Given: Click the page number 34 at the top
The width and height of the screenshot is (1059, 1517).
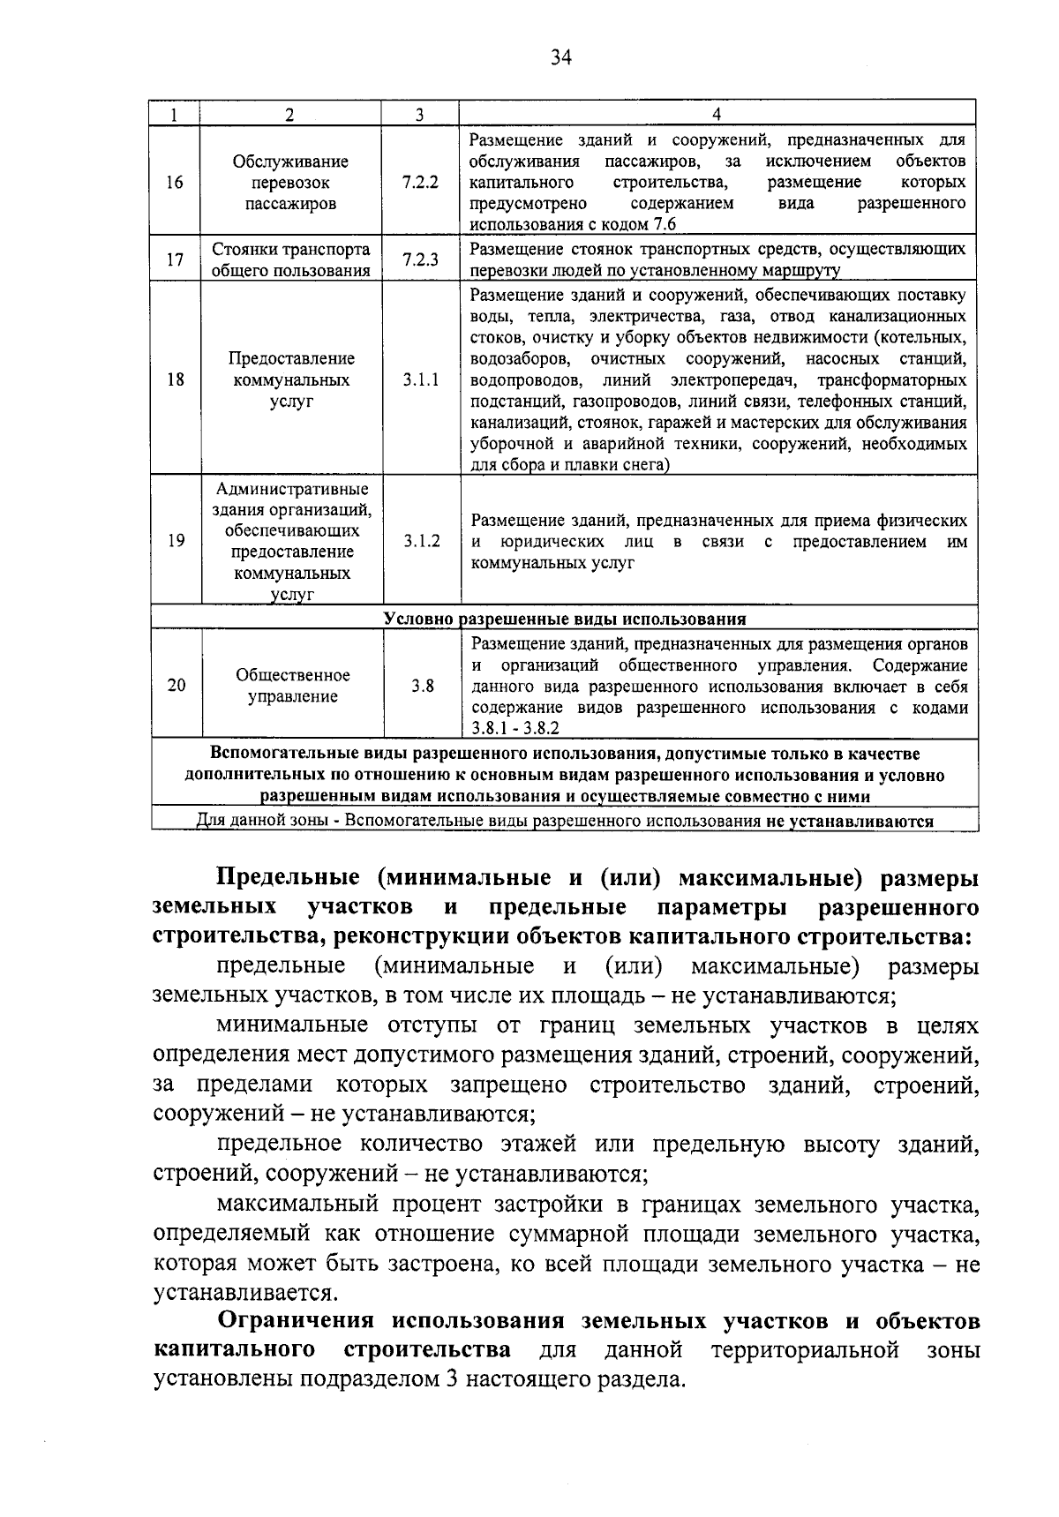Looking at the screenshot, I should [x=561, y=58].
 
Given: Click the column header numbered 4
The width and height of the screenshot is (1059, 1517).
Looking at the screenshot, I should [x=717, y=114].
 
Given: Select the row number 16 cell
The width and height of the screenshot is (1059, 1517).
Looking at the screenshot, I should [x=175, y=183].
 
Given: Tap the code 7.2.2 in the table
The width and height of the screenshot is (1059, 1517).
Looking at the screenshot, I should [x=420, y=183].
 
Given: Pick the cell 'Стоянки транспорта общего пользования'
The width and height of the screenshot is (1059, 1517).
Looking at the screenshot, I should [x=291, y=259].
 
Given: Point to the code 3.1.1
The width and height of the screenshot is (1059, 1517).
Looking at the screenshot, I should [x=420, y=380].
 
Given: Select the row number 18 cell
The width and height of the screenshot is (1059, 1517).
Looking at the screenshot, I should [x=175, y=380].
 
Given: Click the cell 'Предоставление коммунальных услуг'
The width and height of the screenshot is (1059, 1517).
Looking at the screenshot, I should [x=291, y=380].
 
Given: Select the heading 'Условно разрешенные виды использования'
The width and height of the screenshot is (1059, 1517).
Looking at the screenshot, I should [x=565, y=619].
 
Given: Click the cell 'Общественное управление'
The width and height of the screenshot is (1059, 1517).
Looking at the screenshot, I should [x=291, y=686].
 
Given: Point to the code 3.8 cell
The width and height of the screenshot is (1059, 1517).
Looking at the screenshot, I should [x=422, y=686].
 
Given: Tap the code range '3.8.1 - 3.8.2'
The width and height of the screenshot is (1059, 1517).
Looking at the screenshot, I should [x=514, y=729].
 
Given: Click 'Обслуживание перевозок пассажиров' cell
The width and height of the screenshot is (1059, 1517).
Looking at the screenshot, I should [x=291, y=183].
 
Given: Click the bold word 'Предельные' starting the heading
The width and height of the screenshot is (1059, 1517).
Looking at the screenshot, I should [x=288, y=878].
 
